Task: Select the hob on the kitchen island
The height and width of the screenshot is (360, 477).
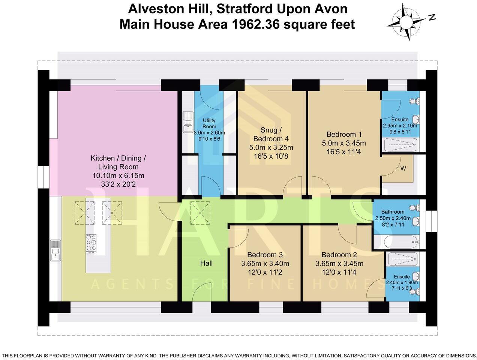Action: [91, 244]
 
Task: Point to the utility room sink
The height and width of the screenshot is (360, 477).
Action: [187, 122]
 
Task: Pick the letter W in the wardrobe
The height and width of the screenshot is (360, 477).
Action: [403, 168]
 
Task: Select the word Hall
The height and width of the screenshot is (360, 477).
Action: [206, 263]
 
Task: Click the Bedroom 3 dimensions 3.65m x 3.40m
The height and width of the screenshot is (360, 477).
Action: [265, 263]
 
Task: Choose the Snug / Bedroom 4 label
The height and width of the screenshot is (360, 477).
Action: [271, 134]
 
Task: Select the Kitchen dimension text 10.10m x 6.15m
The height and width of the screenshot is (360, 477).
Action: [118, 175]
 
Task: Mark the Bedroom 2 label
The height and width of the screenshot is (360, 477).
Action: [339, 255]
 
